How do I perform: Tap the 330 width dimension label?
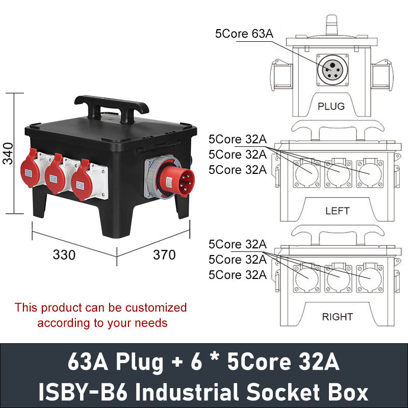point(64,254)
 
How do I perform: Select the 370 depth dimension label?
point(164,254)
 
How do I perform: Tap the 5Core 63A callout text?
point(244,34)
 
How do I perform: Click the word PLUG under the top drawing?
point(331,107)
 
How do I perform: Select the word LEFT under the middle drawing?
point(337,211)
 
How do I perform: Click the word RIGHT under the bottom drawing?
point(337,317)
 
